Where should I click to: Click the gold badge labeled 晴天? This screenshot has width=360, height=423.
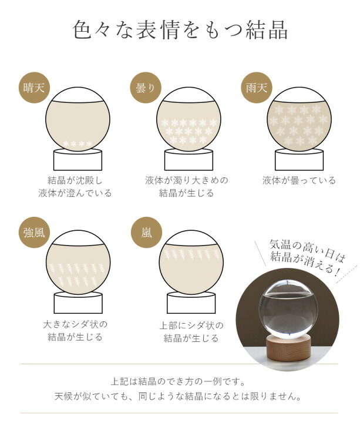34,88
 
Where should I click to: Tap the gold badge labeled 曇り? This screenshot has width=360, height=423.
146,88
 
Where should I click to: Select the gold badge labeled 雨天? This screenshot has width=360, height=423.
257,88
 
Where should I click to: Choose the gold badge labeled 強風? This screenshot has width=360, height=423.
34,233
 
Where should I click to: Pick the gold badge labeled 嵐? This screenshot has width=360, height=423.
146,233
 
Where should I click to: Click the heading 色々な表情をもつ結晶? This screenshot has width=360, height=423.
180,30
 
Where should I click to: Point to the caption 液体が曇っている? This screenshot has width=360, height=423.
299,180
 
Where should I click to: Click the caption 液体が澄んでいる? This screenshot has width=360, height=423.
75,193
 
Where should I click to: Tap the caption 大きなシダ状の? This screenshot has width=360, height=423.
75,324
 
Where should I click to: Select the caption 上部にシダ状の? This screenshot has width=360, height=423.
191,325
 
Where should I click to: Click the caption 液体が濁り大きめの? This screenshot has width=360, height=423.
187,180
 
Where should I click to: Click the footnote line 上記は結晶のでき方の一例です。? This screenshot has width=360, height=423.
179,382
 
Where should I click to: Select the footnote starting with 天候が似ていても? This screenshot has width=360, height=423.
179,397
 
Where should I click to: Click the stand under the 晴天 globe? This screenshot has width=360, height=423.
78,159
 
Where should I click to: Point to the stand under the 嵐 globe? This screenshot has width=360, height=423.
191,303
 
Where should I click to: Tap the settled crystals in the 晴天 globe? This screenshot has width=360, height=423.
78,143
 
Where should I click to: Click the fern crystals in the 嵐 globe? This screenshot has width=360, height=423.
191,254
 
